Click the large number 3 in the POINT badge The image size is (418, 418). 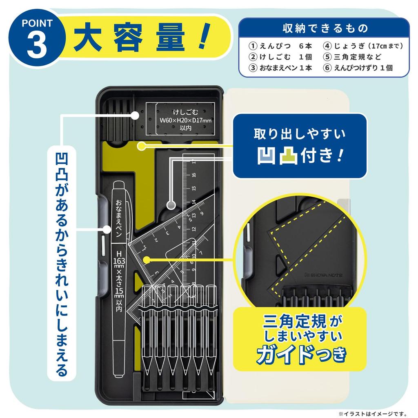coord(37,47)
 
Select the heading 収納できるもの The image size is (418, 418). coord(325,29)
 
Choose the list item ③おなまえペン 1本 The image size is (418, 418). coord(281,68)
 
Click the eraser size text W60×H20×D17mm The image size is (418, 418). coord(180,120)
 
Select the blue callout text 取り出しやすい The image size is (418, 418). coord(300,134)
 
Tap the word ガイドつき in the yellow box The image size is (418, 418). coord(300,354)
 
